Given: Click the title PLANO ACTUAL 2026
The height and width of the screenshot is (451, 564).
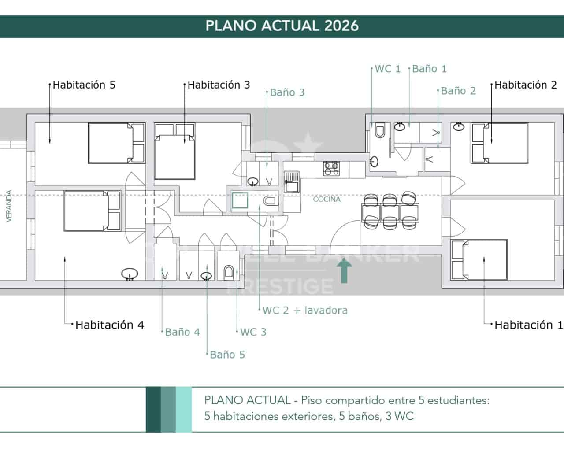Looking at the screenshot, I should (x=282, y=26).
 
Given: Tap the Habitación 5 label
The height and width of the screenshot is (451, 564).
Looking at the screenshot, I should (x=84, y=85).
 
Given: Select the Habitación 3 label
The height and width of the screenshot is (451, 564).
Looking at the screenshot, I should (x=219, y=85).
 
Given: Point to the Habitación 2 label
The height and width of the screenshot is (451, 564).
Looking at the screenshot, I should (x=525, y=85).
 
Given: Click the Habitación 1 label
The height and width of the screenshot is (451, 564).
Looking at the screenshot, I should (x=528, y=325).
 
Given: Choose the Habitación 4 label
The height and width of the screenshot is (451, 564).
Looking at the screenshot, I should (x=109, y=325).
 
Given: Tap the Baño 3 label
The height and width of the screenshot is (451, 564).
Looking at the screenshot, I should (x=287, y=92).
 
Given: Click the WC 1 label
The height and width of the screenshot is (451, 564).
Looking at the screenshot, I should (x=388, y=69).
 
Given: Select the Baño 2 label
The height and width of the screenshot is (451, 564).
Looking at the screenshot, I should (x=458, y=91).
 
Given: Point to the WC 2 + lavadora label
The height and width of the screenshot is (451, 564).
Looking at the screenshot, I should (x=305, y=310).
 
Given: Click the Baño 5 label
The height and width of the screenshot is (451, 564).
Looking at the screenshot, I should (x=227, y=355).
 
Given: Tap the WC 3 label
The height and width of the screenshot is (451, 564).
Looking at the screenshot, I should (x=253, y=332).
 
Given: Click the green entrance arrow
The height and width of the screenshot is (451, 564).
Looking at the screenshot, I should (x=344, y=270).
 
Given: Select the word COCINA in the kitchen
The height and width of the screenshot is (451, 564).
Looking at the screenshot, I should (x=327, y=199).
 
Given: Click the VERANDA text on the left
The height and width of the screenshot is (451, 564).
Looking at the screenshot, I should (x=9, y=206).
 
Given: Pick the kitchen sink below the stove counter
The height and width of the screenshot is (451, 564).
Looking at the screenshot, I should (x=292, y=182).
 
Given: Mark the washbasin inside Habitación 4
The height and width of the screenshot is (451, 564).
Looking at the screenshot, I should (x=130, y=274).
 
